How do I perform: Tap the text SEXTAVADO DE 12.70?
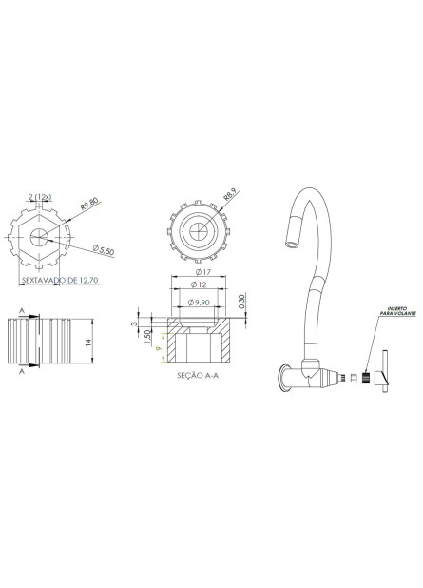[x=57, y=282]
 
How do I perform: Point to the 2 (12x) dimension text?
[x=40, y=196]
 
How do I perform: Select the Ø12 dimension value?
[x=199, y=285]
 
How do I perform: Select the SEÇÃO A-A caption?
[x=198, y=377]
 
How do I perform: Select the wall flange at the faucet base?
[x=283, y=378]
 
